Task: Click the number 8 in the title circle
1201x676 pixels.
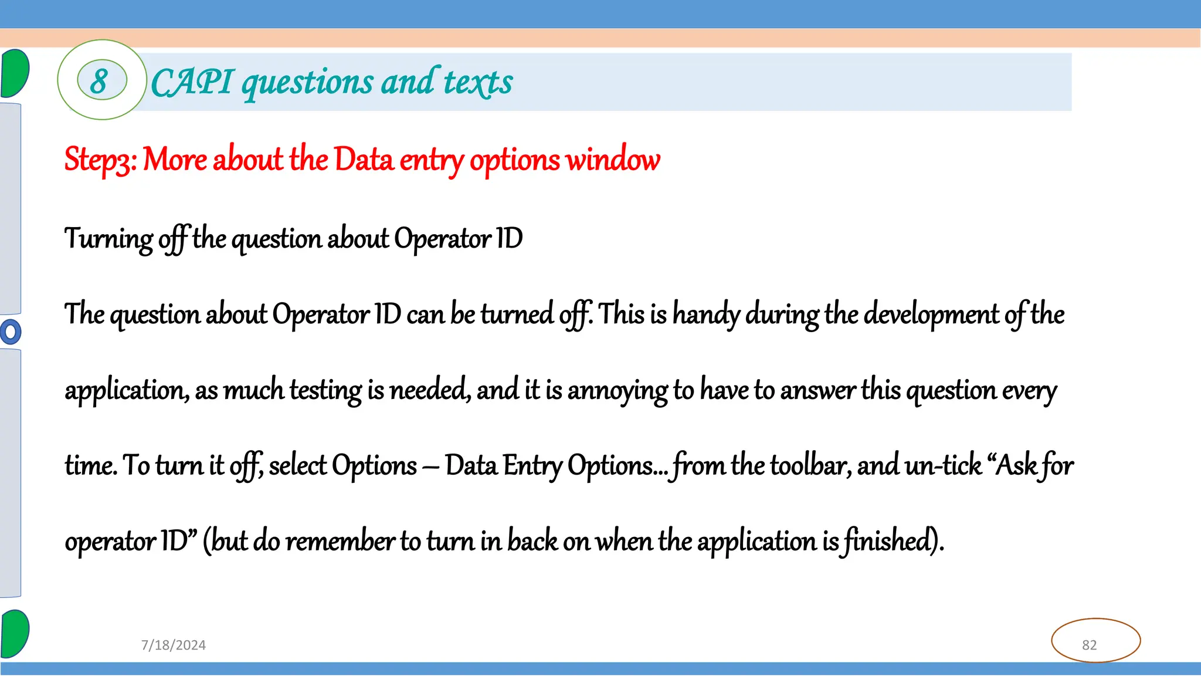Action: (x=100, y=81)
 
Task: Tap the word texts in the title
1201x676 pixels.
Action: (x=478, y=82)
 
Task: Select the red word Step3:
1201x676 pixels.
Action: (x=100, y=160)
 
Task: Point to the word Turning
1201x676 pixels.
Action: (x=108, y=239)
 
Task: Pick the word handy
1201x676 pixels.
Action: (x=705, y=314)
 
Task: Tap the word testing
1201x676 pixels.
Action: (x=325, y=390)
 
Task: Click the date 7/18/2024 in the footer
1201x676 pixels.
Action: (x=174, y=645)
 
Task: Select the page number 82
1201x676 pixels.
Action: (x=1089, y=645)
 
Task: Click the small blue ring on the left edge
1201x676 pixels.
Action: (x=10, y=332)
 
